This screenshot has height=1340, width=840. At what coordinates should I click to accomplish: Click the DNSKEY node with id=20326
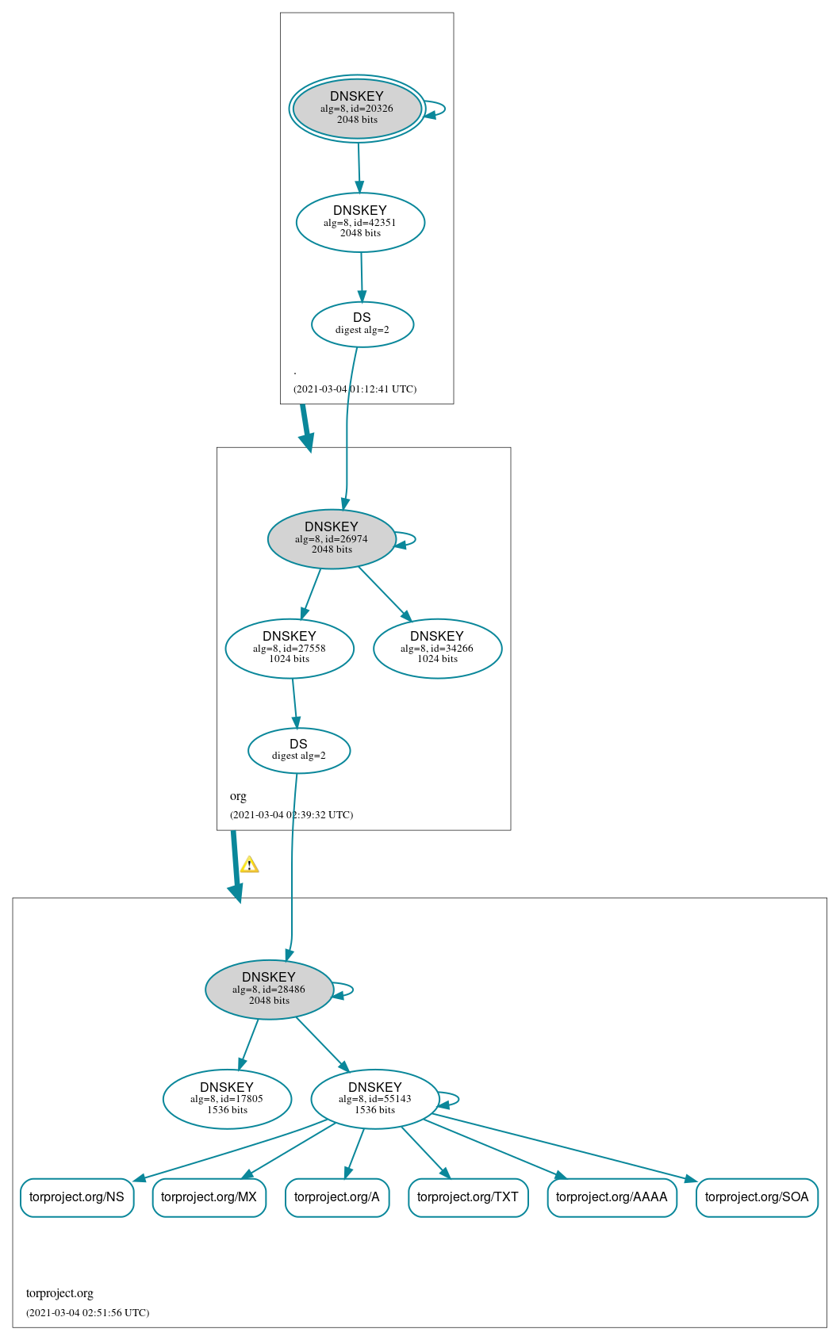click(357, 109)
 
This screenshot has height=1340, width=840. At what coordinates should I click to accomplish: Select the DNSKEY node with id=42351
click(360, 223)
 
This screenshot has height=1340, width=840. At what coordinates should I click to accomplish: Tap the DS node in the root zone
click(362, 324)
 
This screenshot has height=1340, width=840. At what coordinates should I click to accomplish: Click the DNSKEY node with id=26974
click(332, 539)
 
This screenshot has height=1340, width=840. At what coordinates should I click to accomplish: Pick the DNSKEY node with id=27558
click(290, 649)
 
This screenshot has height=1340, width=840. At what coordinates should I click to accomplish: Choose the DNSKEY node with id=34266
click(437, 649)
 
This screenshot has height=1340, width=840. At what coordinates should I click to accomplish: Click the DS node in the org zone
click(298, 750)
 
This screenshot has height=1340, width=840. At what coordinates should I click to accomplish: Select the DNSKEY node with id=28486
click(269, 990)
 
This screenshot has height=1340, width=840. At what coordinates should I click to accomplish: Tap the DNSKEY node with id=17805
click(227, 1099)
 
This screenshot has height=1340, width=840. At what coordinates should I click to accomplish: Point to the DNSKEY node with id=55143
click(375, 1099)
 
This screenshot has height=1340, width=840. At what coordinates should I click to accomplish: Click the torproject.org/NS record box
click(77, 1197)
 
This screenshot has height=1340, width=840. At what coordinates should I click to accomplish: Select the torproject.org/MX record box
click(209, 1197)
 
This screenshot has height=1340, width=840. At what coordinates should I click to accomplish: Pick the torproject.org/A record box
click(337, 1197)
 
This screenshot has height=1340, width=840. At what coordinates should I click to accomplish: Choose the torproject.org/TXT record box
click(468, 1197)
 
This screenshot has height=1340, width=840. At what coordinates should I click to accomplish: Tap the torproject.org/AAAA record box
click(612, 1197)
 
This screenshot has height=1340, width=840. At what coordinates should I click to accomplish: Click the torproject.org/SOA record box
click(757, 1197)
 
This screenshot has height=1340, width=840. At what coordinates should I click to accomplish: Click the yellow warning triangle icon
click(249, 865)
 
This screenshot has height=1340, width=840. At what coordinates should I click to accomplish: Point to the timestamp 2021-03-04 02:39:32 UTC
click(291, 815)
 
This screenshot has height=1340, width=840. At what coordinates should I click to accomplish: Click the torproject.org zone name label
click(59, 1293)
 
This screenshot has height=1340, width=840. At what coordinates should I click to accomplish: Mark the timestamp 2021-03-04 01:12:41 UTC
click(355, 389)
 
